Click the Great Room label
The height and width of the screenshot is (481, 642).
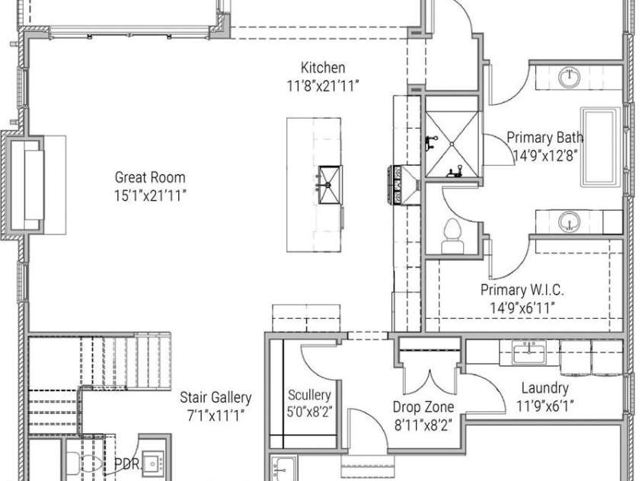(150, 177)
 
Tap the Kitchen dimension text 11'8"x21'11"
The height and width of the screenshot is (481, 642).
(323, 86)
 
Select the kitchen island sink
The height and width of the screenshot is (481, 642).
(330, 184)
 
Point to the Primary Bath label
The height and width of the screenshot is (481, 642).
(545, 137)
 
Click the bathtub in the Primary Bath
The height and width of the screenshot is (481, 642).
(600, 146)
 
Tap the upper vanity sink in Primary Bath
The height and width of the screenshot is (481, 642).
(570, 78)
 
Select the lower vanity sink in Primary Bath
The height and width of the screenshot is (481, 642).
(570, 222)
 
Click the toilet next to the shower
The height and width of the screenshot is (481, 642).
(452, 237)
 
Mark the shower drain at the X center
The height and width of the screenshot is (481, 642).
(452, 144)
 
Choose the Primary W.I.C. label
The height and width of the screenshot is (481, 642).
(522, 290)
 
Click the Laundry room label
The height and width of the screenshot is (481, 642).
(545, 387)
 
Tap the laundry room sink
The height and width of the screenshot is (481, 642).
(529, 353)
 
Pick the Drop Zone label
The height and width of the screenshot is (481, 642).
(423, 407)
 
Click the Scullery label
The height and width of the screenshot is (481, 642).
(309, 395)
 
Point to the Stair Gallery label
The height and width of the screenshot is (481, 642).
(216, 397)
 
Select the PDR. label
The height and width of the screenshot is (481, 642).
(127, 463)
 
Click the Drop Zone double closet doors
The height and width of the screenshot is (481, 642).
(430, 382)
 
